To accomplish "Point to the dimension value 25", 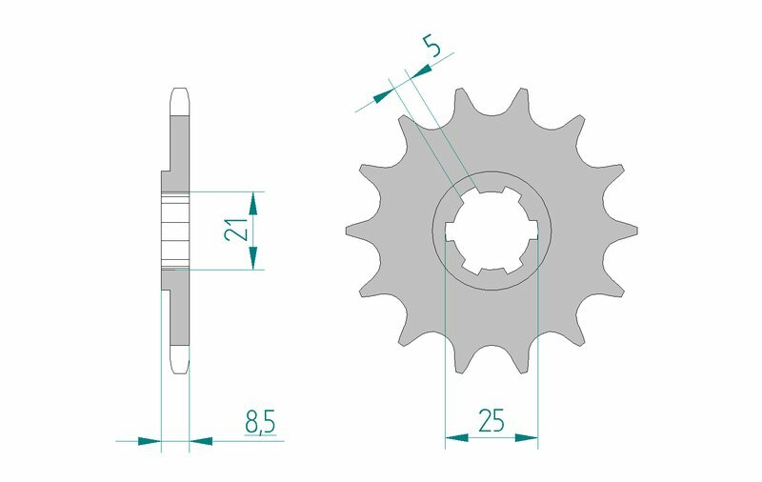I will click(x=491, y=420).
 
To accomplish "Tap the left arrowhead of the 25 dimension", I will click(x=456, y=439).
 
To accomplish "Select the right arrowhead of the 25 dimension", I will click(x=527, y=439).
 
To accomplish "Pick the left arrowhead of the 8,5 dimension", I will click(x=149, y=441).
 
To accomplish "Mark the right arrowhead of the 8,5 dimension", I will click(x=201, y=441).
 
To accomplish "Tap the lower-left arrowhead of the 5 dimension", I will click(x=382, y=93).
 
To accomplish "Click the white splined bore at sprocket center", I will click(x=491, y=231).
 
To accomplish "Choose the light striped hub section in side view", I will click(x=174, y=230).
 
